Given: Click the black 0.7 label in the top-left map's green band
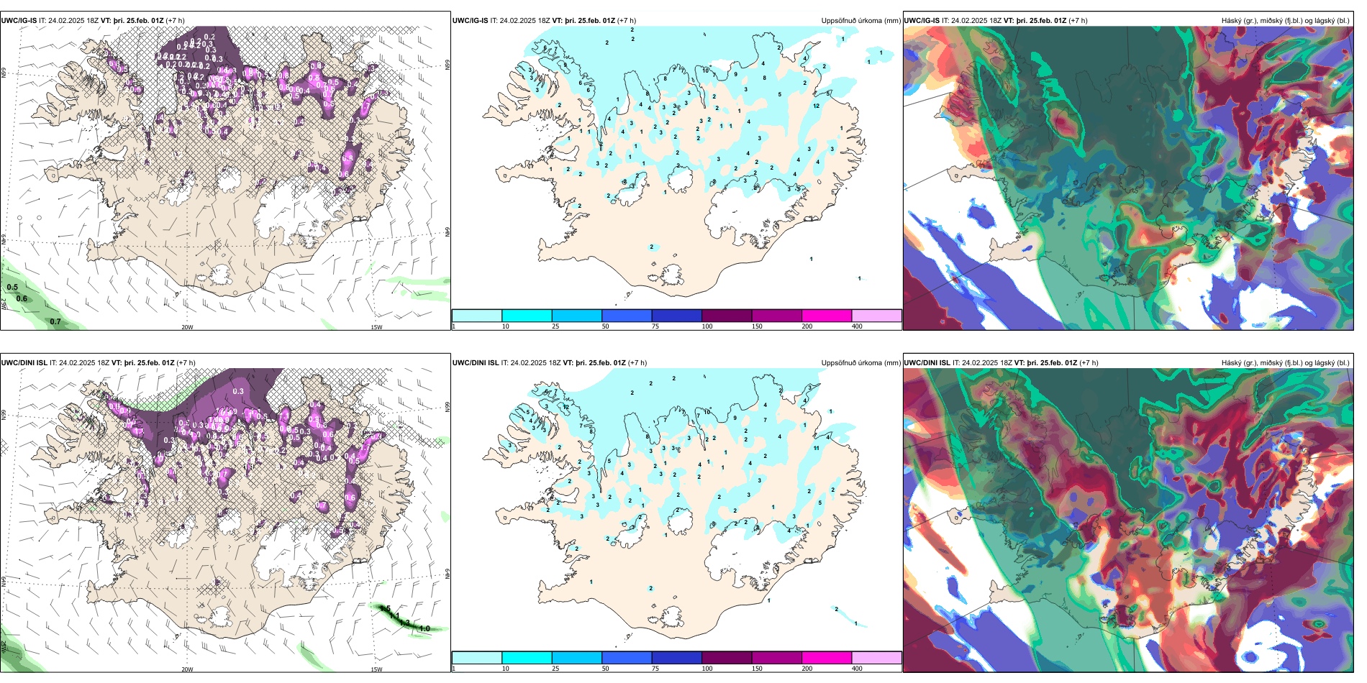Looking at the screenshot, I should point(55,321).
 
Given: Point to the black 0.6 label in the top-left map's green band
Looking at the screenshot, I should point(22,298).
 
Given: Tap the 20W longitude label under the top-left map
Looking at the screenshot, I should point(187,327).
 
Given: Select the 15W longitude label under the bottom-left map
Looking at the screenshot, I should point(376,669).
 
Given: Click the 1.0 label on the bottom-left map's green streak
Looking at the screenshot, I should point(424,628).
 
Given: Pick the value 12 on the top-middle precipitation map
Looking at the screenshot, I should point(816,106).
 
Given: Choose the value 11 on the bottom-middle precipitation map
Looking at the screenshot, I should point(816,448).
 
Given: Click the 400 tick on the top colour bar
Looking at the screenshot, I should point(857,326).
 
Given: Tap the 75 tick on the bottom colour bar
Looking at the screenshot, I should point(655,669).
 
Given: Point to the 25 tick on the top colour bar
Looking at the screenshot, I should point(555,326).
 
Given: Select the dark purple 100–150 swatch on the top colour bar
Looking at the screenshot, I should point(727,316).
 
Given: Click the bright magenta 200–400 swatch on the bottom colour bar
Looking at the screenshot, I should point(827,658).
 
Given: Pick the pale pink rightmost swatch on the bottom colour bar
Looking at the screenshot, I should point(876,658).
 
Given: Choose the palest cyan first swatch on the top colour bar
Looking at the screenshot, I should point(477,316).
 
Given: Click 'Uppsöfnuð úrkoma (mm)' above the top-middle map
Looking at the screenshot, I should point(860,21).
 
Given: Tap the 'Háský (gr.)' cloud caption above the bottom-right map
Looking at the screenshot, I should point(1238,363).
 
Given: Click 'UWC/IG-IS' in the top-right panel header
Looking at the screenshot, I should point(922,21).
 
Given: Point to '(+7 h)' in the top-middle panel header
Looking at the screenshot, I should point(627,21).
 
